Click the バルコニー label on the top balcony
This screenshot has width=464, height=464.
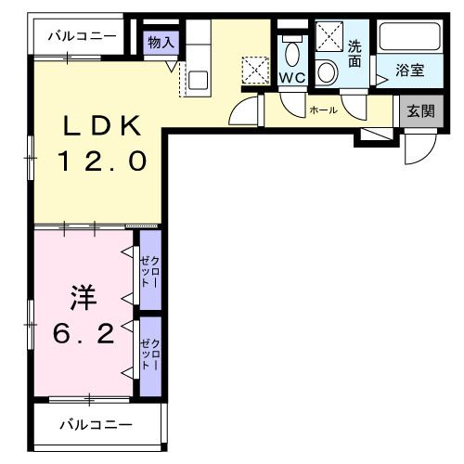pos(84,38)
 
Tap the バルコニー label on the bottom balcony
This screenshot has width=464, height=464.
pos(97,425)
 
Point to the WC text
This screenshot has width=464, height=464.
pos(292,78)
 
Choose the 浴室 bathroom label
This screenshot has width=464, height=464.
pos(411,71)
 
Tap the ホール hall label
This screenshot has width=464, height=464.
pos(324,110)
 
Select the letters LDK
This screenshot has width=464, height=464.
pos(103,126)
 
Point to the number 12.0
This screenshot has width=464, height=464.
pos(103,161)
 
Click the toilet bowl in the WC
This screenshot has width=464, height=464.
pos(292,51)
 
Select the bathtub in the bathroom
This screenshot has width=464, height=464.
pos(412,38)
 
